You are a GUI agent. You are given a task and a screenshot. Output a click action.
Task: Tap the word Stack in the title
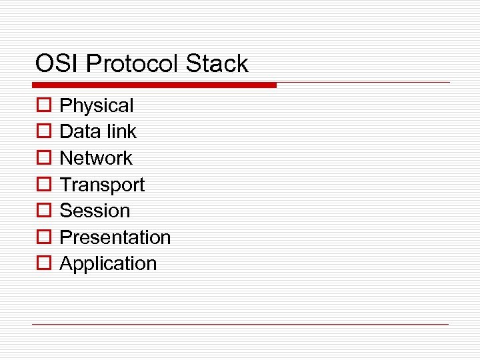[217, 64]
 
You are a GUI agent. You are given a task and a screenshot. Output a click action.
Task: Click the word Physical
[97, 106]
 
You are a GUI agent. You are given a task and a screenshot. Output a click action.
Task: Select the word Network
[96, 159]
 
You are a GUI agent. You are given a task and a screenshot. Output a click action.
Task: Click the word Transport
[102, 185]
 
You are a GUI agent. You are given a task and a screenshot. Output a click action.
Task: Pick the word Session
[95, 211]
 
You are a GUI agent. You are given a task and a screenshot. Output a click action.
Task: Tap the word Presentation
[115, 237]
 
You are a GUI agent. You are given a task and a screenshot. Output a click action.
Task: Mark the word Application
[108, 264]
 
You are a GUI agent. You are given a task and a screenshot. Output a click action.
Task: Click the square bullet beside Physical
[43, 106]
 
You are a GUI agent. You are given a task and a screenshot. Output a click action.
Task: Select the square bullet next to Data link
[43, 132]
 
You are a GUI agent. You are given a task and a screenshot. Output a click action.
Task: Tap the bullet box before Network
[43, 159]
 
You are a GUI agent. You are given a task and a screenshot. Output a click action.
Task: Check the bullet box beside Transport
[43, 185]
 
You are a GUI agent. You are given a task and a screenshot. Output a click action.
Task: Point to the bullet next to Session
[43, 211]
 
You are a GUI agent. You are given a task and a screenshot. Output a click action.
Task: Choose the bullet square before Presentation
[43, 237]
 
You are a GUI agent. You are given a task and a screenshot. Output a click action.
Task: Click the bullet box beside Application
[43, 264]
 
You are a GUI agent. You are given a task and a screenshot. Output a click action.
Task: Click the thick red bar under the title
[154, 85]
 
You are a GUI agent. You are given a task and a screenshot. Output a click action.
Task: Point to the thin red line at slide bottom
[240, 325]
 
